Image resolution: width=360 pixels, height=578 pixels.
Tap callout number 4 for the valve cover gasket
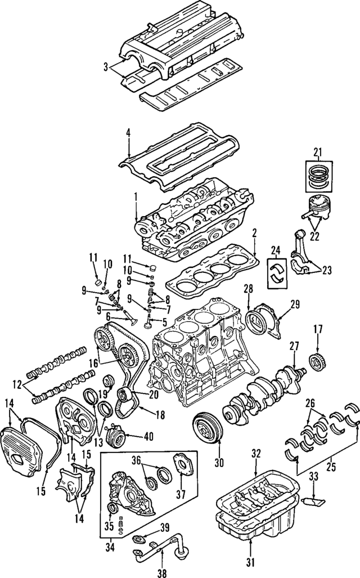tap(128, 134)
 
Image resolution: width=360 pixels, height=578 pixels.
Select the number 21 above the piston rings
tap(318, 151)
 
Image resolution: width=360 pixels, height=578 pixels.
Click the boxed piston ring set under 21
tap(318, 176)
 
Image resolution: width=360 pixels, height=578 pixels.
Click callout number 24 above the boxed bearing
tap(276, 251)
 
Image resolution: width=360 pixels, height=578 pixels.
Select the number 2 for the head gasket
tap(254, 232)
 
